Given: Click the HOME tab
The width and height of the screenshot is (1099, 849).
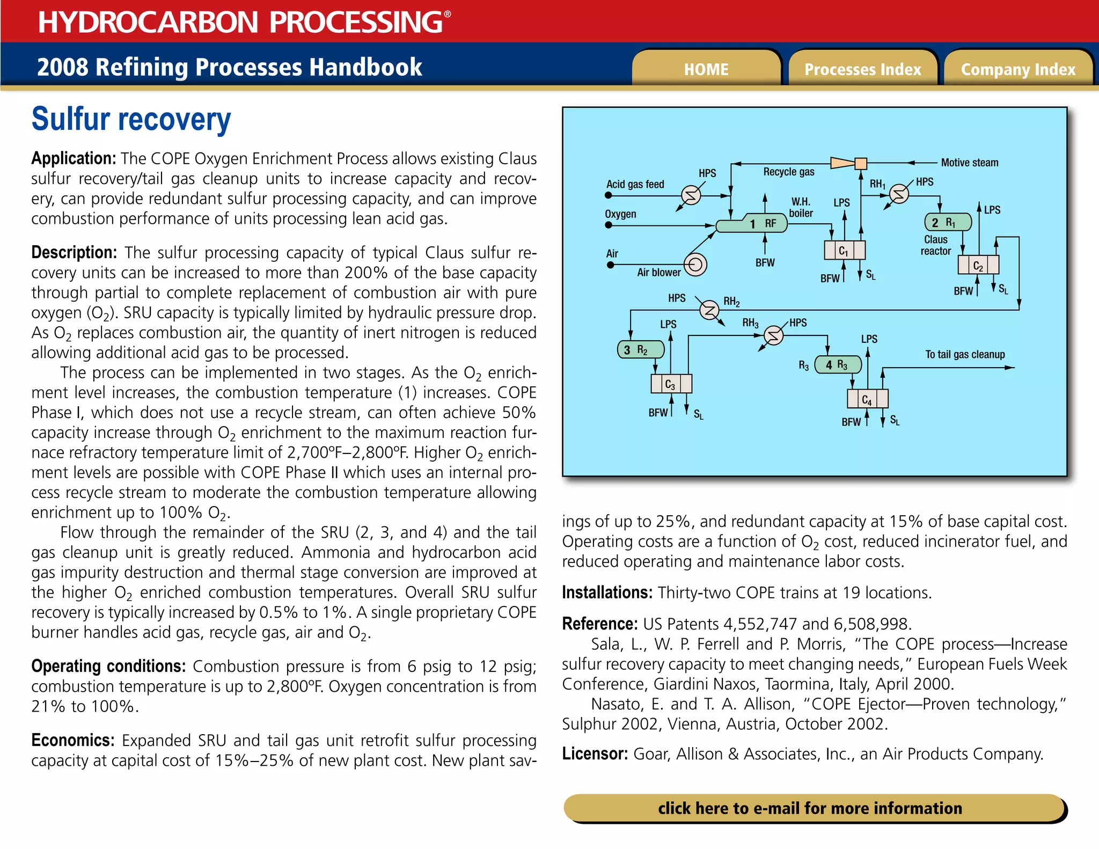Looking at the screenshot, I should pos(706,69).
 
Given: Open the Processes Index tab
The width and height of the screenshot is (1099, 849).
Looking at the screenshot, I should pos(862,69).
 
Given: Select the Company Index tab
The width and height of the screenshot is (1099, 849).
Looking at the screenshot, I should pos(1018,69).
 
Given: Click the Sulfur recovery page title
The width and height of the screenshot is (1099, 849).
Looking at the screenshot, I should pos(131,119).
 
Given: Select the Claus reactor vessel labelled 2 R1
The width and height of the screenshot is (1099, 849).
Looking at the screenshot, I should pos(948,222).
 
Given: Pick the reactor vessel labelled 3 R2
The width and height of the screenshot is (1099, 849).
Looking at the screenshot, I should pos(640,350).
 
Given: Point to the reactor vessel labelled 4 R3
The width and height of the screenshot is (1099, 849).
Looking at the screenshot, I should pos(838,365).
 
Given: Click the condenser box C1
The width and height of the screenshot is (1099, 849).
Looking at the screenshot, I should pos(844,250).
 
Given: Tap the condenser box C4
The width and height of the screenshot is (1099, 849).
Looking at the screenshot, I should pos(867,399).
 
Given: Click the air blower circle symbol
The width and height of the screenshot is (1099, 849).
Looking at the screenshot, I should pos(695,265).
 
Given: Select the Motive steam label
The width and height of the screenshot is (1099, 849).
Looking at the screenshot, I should pos(969,163).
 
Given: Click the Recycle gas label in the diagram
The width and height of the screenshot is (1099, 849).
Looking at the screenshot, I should pos(788,172).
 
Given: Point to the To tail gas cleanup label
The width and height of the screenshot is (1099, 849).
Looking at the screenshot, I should pos(964,354).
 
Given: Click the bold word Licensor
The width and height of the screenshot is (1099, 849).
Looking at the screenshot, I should pos(595,754).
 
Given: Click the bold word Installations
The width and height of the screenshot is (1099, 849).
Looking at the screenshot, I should pos(607,592).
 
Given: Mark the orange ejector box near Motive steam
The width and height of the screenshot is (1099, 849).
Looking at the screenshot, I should pos(861,163).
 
